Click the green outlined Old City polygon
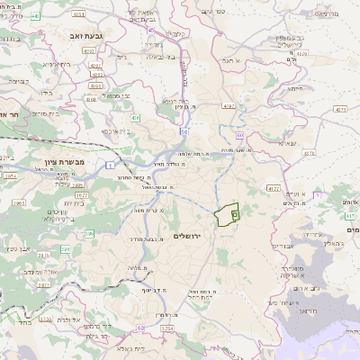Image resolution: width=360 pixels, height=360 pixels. pyautogui.click(x=227, y=214)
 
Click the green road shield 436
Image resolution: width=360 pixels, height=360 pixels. pyautogui.click(x=135, y=118)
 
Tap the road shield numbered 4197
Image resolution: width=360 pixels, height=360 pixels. pyautogui.click(x=229, y=106)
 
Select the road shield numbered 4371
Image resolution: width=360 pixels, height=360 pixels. pyautogui.click(x=339, y=109)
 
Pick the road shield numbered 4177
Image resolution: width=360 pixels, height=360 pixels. pyautogui.click(x=274, y=187)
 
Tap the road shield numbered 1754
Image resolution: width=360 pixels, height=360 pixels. pyautogui.click(x=166, y=329)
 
